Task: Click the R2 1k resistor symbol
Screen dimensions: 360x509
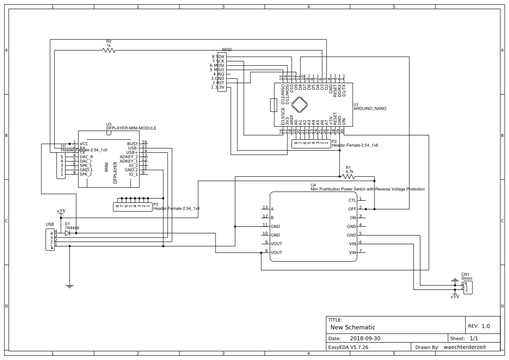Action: pyautogui.click(x=108, y=50)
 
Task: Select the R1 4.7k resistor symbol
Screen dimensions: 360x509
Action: pyautogui.click(x=348, y=177)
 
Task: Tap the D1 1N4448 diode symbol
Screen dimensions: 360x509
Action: pyautogui.click(x=67, y=233)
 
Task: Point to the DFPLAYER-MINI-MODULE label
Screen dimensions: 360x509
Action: pyautogui.click(x=131, y=128)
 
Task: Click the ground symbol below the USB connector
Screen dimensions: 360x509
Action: pyautogui.click(x=69, y=286)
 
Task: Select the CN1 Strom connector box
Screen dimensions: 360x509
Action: pyautogui.click(x=468, y=287)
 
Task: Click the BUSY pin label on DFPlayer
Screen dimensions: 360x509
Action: pyautogui.click(x=132, y=144)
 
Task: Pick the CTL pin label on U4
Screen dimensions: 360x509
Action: pyautogui.click(x=352, y=201)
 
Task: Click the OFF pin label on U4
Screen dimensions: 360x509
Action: pyautogui.click(x=352, y=209)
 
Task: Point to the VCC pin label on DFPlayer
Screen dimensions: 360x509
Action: pyautogui.click(x=84, y=143)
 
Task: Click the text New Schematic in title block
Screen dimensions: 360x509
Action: pyautogui.click(x=353, y=327)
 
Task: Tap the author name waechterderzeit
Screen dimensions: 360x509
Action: pyautogui.click(x=465, y=347)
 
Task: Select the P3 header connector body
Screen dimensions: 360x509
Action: pyautogui.click(x=132, y=207)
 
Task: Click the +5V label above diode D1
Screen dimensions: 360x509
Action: pyautogui.click(x=61, y=211)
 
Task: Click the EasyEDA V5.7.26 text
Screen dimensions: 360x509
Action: pyautogui.click(x=349, y=347)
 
